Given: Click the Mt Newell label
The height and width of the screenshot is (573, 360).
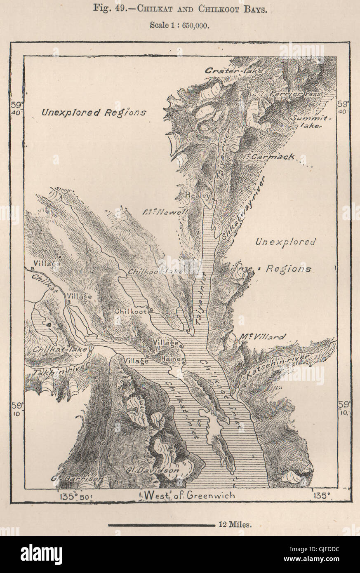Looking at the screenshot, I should coord(165,212).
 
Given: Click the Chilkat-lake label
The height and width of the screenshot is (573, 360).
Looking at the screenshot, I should coord(60,350).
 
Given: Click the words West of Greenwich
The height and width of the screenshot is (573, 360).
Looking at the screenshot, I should coord(188,495).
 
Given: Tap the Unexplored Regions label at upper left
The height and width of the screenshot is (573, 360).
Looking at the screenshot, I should coord(94,112).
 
